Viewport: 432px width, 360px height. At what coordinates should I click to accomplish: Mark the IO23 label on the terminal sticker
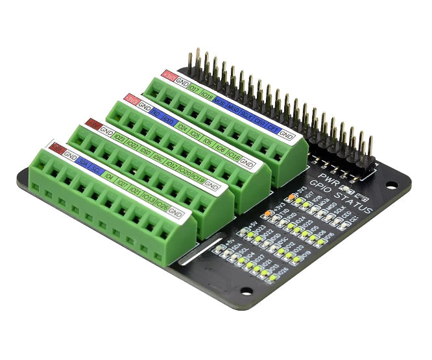pyautogui.click(x=119, y=138)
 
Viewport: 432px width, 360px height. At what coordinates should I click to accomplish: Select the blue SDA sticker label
pyautogui.click(x=84, y=163)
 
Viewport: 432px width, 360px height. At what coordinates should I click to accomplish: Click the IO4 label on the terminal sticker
pyautogui.click(x=109, y=176)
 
